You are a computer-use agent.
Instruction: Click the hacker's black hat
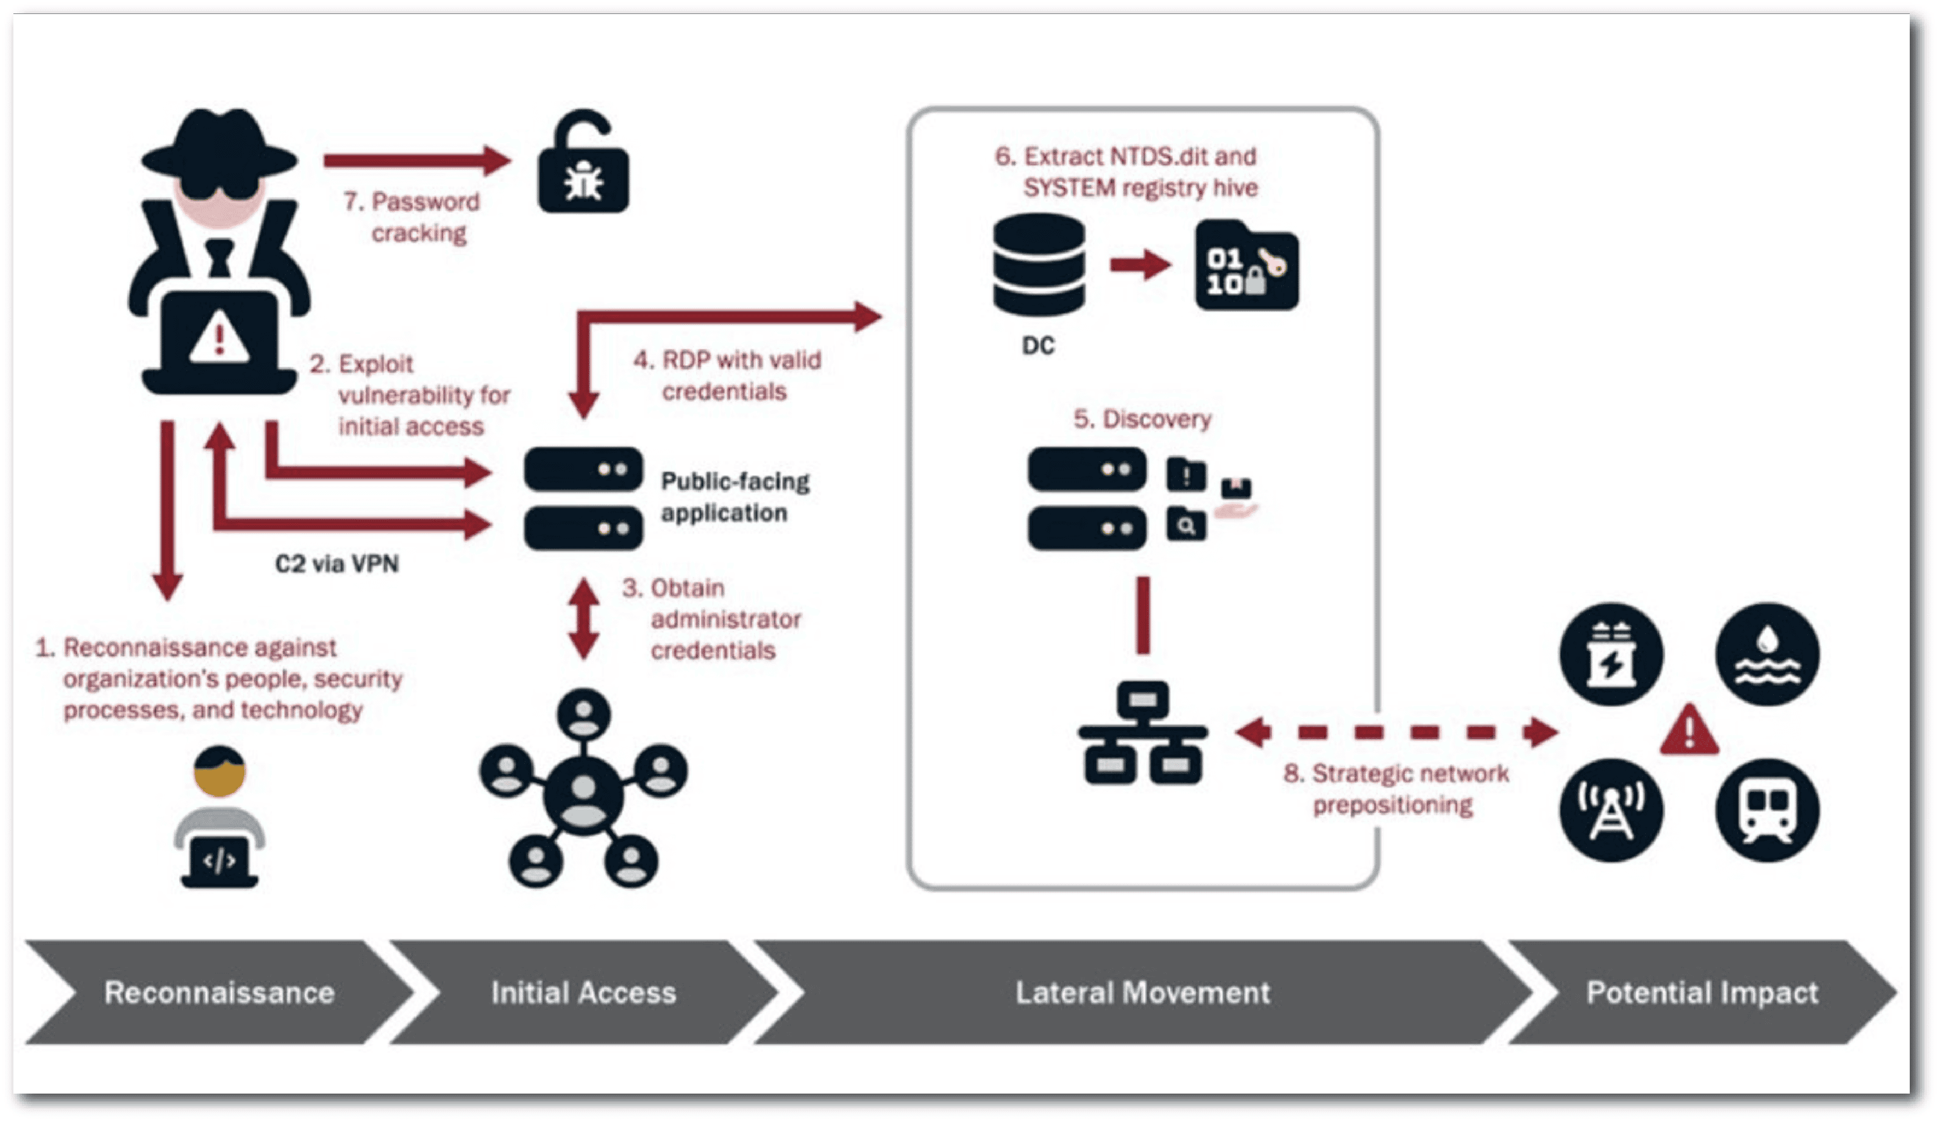tap(219, 146)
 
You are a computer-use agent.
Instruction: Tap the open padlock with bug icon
tap(583, 165)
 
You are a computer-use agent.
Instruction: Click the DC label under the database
tap(1038, 346)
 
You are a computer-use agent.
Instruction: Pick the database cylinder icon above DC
tap(1039, 265)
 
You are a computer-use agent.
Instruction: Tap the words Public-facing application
tap(734, 497)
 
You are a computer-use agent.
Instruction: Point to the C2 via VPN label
tap(337, 564)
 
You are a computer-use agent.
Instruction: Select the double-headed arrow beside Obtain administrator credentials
tap(584, 619)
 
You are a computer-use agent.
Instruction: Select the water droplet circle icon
tap(1768, 654)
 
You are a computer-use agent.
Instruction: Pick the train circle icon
tap(1768, 810)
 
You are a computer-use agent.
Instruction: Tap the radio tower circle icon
tap(1611, 810)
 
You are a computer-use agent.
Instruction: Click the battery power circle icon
tap(1611, 654)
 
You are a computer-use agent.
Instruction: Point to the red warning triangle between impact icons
tap(1689, 731)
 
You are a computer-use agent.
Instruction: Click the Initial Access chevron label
tap(583, 992)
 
